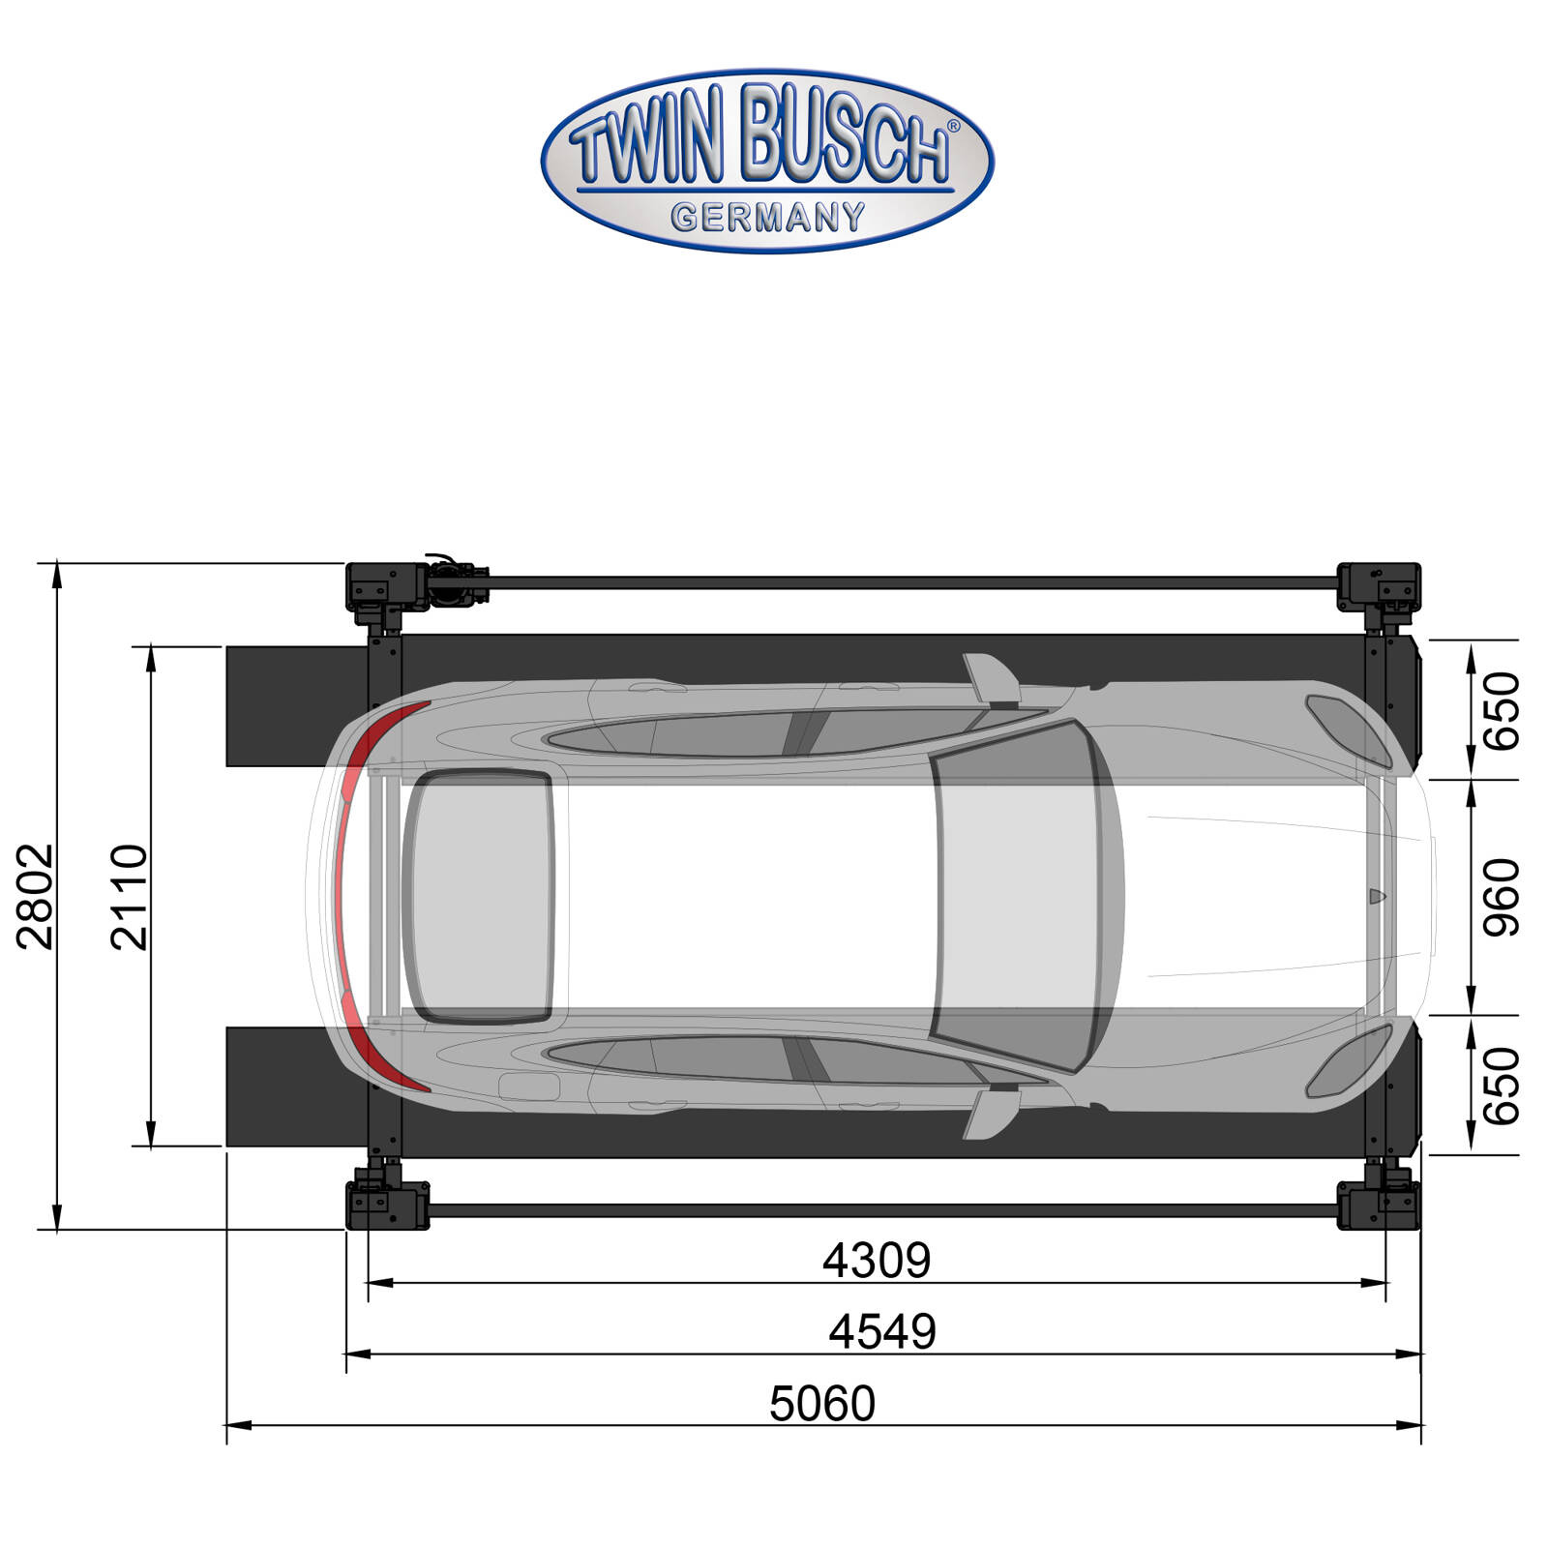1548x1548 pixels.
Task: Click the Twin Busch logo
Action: (x=767, y=161)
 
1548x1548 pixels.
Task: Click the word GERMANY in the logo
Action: (x=768, y=218)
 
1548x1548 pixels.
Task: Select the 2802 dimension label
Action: (x=37, y=896)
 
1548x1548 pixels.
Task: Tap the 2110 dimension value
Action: (x=130, y=896)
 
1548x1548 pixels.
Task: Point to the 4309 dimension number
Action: (x=877, y=1260)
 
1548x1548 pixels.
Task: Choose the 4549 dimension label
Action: (x=882, y=1331)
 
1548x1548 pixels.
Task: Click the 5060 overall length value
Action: (x=822, y=1403)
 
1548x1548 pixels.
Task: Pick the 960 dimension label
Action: (x=1503, y=897)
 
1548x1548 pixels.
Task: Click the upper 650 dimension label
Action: (x=1503, y=711)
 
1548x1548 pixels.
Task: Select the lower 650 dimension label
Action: (x=1503, y=1086)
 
